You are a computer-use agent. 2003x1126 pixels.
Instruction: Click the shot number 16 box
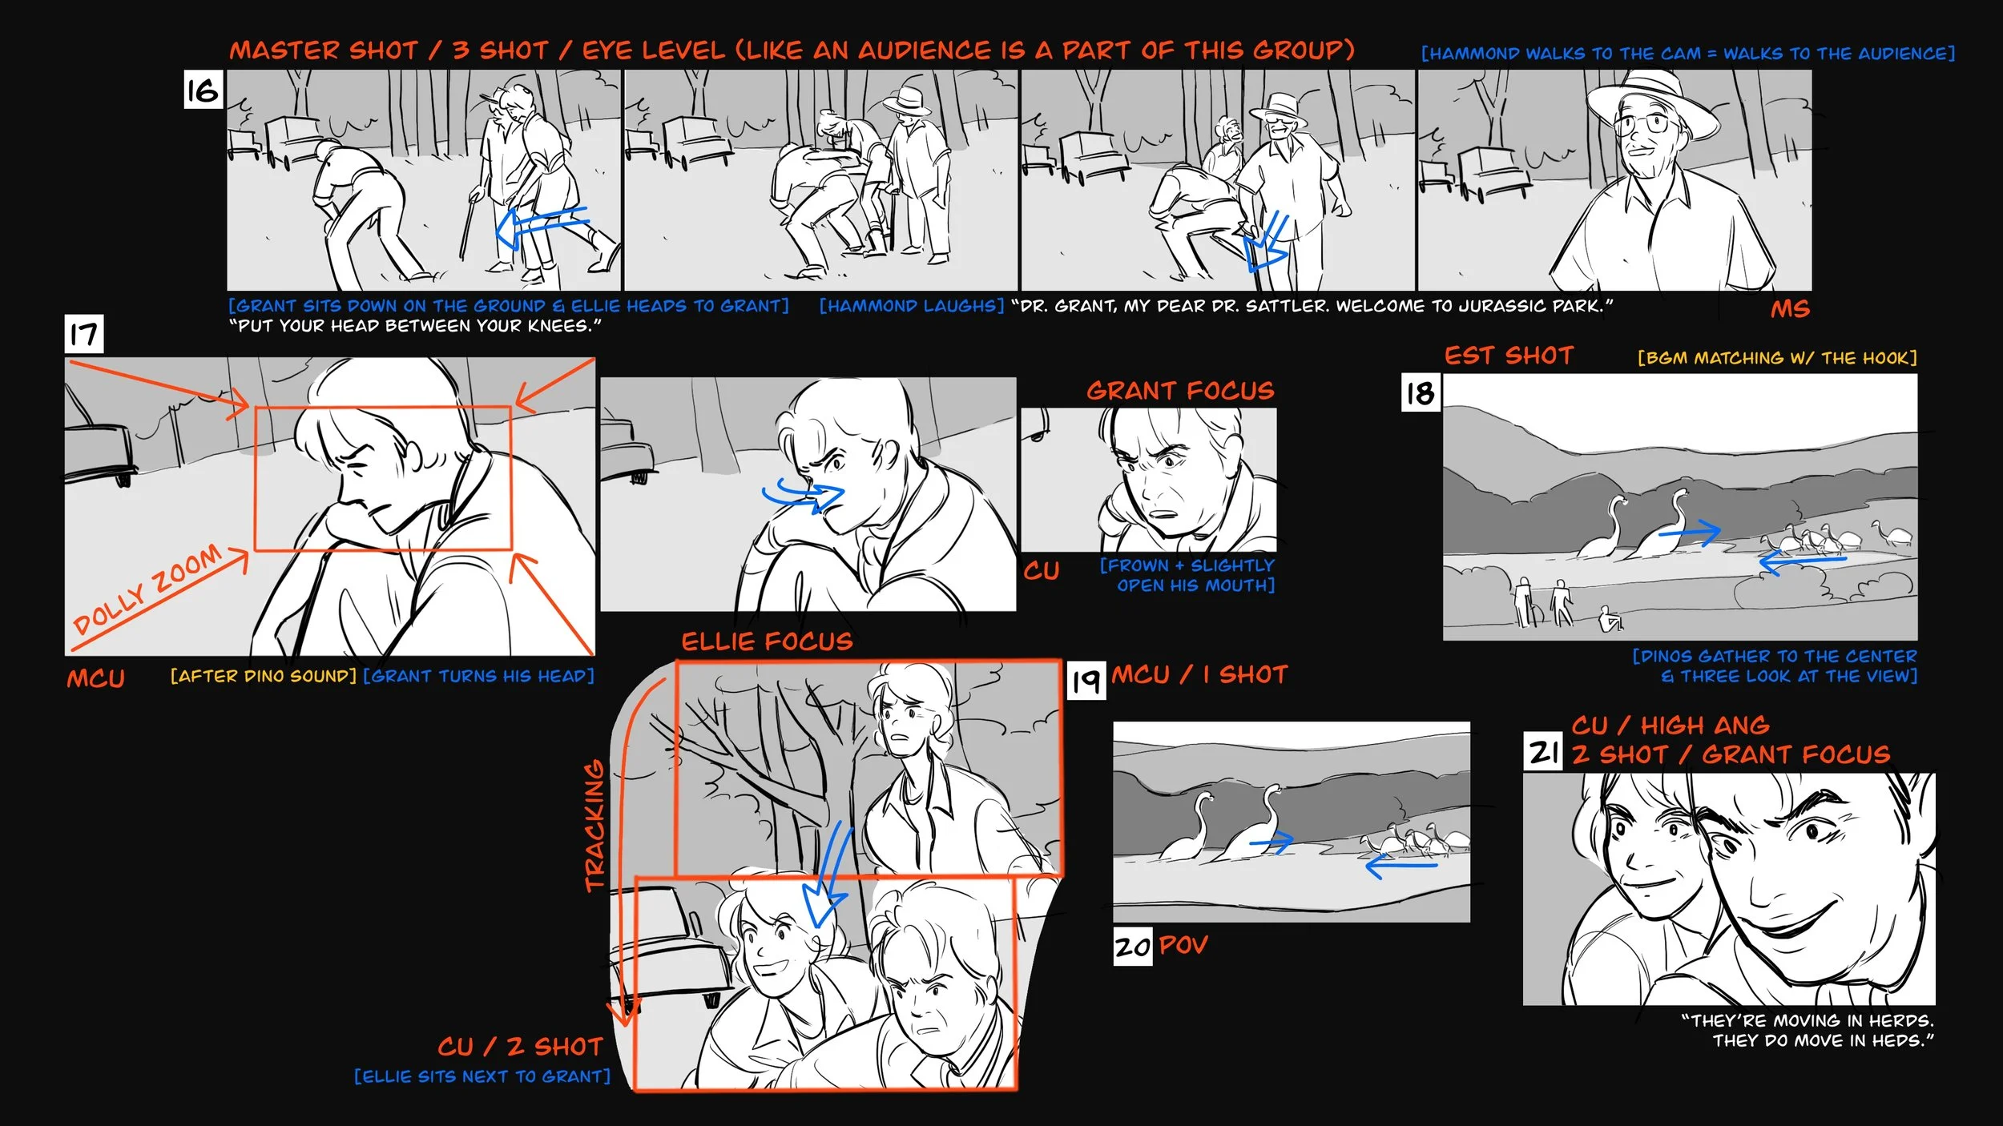pyautogui.click(x=203, y=89)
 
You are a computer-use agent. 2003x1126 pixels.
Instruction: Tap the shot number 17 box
pyautogui.click(x=84, y=334)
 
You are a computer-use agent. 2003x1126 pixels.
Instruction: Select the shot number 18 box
pyautogui.click(x=1421, y=392)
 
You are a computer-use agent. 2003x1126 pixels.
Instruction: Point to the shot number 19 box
pyautogui.click(x=1086, y=680)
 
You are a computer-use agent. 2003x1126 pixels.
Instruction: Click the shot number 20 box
pyautogui.click(x=1133, y=947)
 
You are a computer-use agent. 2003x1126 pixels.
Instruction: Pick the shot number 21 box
pyautogui.click(x=1543, y=752)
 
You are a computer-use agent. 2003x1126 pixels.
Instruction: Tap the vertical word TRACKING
pyautogui.click(x=594, y=826)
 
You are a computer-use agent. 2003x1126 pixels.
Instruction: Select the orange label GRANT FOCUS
pyautogui.click(x=1180, y=391)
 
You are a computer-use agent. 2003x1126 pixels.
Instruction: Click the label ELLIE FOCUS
pyautogui.click(x=767, y=641)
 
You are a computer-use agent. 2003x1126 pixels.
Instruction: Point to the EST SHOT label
pyautogui.click(x=1509, y=356)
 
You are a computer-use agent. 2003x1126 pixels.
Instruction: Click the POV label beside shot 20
pyautogui.click(x=1183, y=945)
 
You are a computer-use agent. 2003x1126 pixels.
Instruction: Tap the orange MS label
pyautogui.click(x=1790, y=309)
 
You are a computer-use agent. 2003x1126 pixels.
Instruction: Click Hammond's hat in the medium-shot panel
pyautogui.click(x=1652, y=103)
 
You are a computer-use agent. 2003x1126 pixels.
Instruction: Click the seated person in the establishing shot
pyautogui.click(x=1611, y=619)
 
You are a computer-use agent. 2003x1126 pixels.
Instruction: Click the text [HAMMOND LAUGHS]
pyautogui.click(x=911, y=306)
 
